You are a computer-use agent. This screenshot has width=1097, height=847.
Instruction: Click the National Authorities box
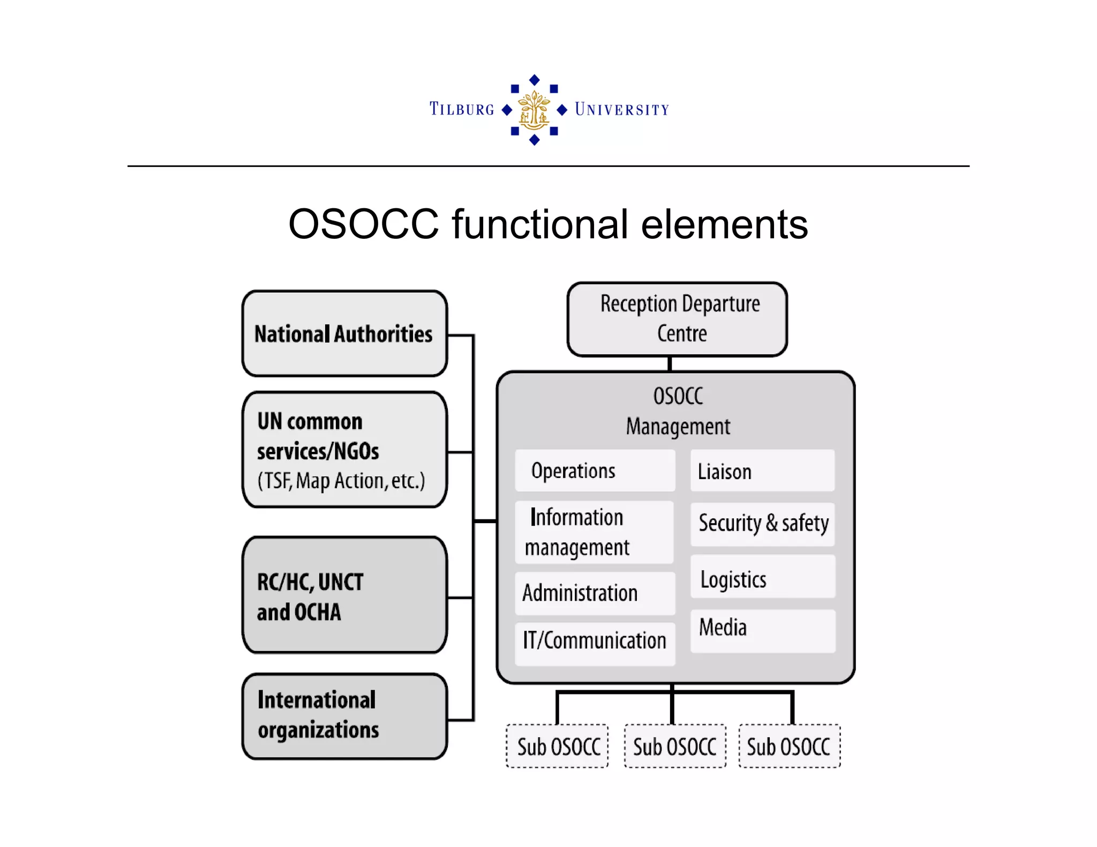(344, 334)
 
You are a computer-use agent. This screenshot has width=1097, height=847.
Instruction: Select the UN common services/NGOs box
(344, 450)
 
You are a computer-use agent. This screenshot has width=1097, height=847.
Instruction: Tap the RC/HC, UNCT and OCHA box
(344, 595)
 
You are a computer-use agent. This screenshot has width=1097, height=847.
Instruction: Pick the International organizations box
(344, 716)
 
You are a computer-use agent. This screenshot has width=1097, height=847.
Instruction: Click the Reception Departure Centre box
(677, 319)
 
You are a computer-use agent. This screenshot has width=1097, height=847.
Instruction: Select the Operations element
(595, 471)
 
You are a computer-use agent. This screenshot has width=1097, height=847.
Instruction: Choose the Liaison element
(762, 471)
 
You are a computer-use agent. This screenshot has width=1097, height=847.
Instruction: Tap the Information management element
(594, 532)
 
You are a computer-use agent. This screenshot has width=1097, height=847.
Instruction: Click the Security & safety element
(762, 524)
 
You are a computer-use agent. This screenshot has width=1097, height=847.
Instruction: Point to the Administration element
(595, 593)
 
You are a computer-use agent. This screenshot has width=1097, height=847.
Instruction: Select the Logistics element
(762, 578)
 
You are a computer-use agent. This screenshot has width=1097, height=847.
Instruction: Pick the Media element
(762, 630)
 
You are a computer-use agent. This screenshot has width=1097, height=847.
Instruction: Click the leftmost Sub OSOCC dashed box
(558, 746)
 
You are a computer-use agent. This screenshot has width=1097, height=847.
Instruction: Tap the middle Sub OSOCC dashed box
(674, 746)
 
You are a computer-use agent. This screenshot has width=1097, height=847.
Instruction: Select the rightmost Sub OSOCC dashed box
(789, 746)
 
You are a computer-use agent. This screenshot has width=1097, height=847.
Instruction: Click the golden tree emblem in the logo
(534, 110)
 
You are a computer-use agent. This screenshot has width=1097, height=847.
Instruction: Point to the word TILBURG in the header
(462, 109)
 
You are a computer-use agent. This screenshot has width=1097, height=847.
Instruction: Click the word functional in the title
(540, 224)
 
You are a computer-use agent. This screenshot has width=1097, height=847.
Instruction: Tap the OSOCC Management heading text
(678, 411)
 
